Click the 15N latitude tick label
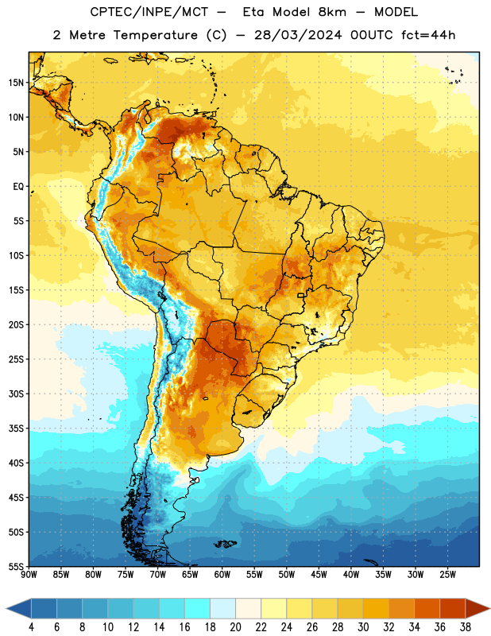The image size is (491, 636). pos(16,83)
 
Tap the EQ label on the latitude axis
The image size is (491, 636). pos(18,187)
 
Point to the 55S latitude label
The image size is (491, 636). pos(16,567)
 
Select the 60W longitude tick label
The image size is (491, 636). pos(222,575)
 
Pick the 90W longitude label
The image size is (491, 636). pos(29,575)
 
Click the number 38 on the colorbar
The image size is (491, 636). pos(466,627)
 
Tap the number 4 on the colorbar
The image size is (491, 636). pos(31,627)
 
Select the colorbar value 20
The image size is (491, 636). pos(235,627)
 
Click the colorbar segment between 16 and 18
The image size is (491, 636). pos(198,609)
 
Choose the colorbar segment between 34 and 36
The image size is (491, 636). pos(427,609)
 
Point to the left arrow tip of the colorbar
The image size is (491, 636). pos(6,609)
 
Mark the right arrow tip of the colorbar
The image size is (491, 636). pos(489,609)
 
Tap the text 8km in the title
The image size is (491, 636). pos(332,12)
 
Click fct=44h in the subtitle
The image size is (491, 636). pos(428,35)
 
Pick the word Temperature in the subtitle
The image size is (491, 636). pos(155,35)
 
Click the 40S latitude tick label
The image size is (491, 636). pos(16,463)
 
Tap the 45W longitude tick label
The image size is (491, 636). pos(319,575)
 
